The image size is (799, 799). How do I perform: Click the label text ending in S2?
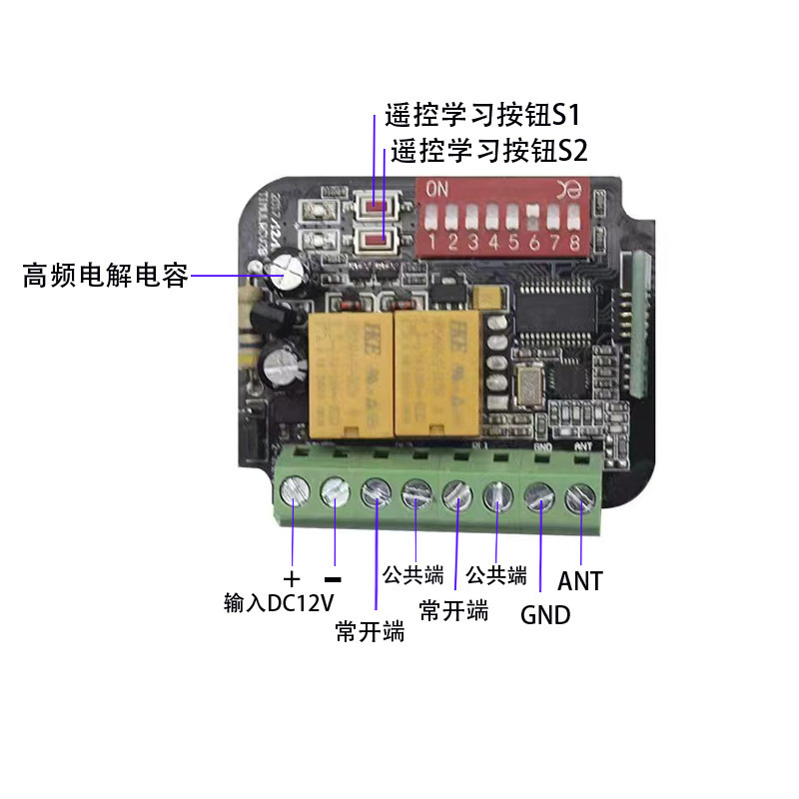pyautogui.click(x=489, y=151)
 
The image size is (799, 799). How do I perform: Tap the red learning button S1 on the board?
pyautogui.click(x=376, y=207)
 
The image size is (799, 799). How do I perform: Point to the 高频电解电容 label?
pyautogui.click(x=106, y=276)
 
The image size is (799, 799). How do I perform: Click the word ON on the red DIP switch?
pyautogui.click(x=437, y=189)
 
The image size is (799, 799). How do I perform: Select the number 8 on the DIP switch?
pyautogui.click(x=573, y=243)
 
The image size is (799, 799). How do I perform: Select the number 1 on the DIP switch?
pyautogui.click(x=430, y=243)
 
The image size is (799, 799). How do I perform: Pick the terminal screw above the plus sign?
pyautogui.click(x=293, y=491)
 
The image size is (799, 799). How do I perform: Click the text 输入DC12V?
pyautogui.click(x=279, y=603)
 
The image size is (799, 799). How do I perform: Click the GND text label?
pyautogui.click(x=545, y=614)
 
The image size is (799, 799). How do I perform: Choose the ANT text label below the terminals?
pyautogui.click(x=580, y=580)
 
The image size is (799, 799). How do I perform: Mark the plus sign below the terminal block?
pyautogui.click(x=292, y=579)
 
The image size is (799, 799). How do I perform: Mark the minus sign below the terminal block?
pyautogui.click(x=334, y=579)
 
